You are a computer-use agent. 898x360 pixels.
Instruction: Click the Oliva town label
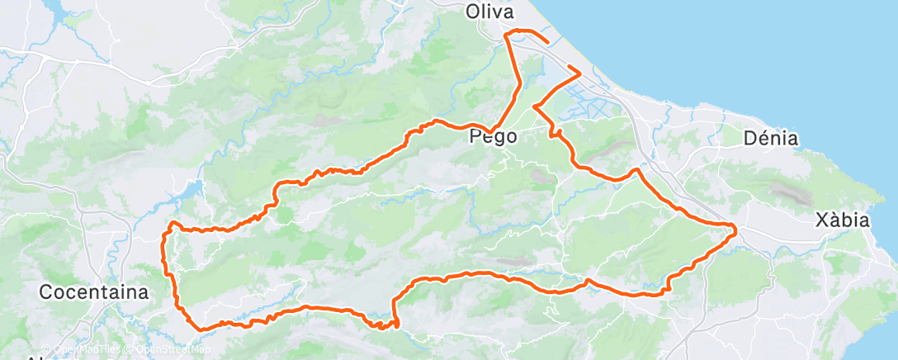[489, 12]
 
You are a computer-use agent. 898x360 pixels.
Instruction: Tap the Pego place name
[494, 137]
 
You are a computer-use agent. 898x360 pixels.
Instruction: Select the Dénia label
[770, 138]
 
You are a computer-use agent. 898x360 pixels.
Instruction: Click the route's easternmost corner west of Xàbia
[735, 226]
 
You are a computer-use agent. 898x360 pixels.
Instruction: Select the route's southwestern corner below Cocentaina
[199, 328]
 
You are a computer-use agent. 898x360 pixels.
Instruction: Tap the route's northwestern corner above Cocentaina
[171, 223]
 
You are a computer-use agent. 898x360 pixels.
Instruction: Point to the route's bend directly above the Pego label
[518, 83]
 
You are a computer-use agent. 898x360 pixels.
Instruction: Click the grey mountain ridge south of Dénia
[780, 192]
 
